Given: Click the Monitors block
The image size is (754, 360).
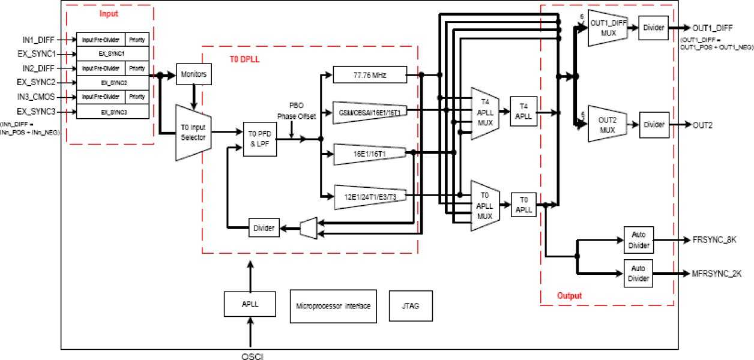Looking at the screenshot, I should [x=193, y=74].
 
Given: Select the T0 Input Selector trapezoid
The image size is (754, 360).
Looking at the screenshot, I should [x=193, y=133].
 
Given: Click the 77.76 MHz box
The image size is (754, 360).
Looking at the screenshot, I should [x=369, y=75].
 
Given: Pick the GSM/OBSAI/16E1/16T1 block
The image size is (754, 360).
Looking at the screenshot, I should [x=369, y=112].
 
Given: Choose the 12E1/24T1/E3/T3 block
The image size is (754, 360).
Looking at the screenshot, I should [x=369, y=196].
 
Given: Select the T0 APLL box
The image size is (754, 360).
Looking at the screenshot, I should [x=523, y=205].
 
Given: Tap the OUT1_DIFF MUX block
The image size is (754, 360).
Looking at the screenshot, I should [x=608, y=28].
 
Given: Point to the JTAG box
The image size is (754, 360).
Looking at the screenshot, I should [x=411, y=305].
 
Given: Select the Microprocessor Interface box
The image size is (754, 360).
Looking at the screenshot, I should [x=333, y=305].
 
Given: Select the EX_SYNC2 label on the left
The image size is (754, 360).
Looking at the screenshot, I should [x=36, y=82].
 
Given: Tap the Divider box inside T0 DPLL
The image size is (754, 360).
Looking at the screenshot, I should [x=264, y=228].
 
